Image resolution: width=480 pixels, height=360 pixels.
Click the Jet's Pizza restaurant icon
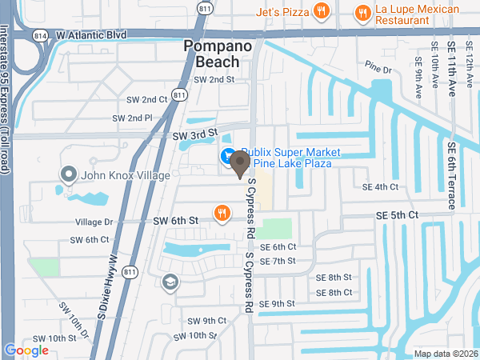(x=321, y=11)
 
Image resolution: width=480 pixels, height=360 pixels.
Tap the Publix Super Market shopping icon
(x=227, y=155)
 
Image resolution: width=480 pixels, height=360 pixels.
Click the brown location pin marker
(x=238, y=165)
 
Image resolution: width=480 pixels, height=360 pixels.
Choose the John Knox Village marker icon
(x=68, y=174)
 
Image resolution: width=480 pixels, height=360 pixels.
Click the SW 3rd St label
(x=195, y=137)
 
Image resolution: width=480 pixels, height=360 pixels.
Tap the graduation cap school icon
(x=170, y=282)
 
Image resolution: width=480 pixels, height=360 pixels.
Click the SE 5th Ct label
(x=398, y=216)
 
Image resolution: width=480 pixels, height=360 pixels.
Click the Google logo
(x=26, y=350)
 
